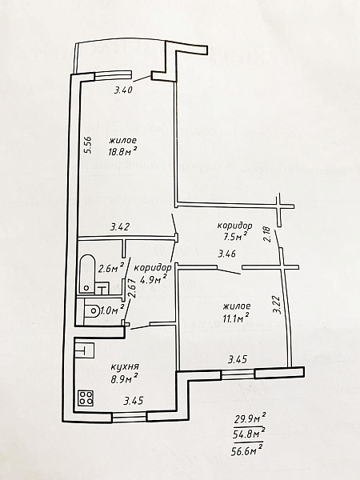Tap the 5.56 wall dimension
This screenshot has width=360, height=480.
pos(87,145)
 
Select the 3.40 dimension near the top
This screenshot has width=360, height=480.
pos(124,90)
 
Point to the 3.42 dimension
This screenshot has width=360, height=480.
pos(120,227)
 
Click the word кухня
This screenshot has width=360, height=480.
pos(125,366)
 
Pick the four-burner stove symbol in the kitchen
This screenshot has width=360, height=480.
pos(86,398)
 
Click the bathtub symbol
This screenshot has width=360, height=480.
pos(87,274)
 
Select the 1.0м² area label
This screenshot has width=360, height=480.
pos(112,310)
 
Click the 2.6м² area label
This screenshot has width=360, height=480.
pos(111,268)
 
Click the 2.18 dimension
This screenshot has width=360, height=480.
pos(267,234)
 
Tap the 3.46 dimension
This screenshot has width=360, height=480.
pos(227,254)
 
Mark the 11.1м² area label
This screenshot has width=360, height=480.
pos(236,318)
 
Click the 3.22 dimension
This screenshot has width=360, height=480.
pos(278,305)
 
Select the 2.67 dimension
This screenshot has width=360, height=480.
pos(132,289)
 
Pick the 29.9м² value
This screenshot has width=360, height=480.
pos(250,418)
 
